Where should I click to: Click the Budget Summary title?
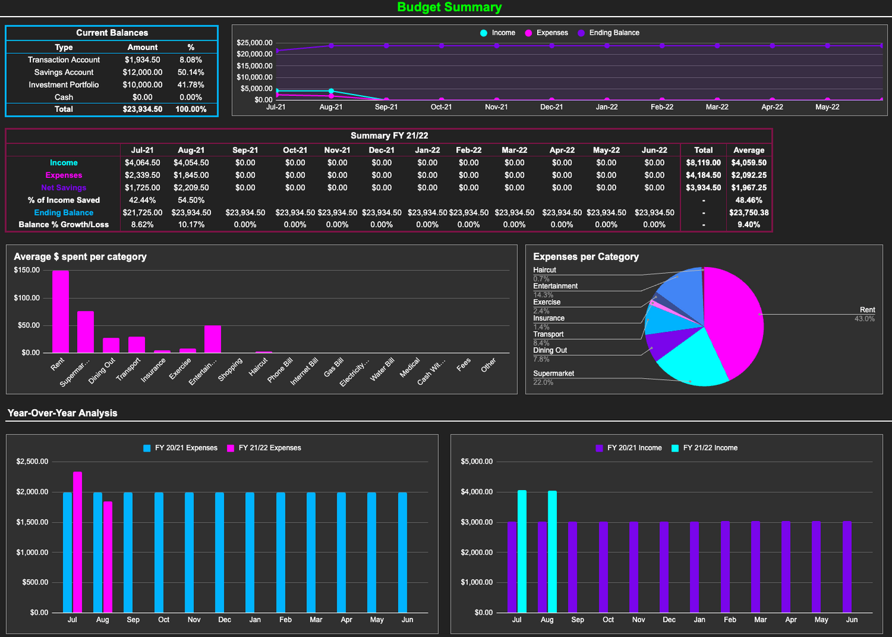click(x=449, y=7)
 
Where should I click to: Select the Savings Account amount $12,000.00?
click(x=143, y=72)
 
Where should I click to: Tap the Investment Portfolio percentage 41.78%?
click(x=191, y=85)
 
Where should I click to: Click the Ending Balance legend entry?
click(x=614, y=33)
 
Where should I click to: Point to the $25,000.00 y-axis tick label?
click(x=254, y=43)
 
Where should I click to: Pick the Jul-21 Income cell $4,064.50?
click(x=142, y=162)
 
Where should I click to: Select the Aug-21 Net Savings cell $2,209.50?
click(x=191, y=188)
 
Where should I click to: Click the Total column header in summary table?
click(x=703, y=150)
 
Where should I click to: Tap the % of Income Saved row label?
click(x=64, y=200)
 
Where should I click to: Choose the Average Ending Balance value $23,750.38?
click(x=749, y=213)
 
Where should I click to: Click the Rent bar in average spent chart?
click(x=60, y=312)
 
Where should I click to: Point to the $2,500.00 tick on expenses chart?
click(x=32, y=462)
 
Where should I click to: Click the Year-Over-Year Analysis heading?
click(x=62, y=413)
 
